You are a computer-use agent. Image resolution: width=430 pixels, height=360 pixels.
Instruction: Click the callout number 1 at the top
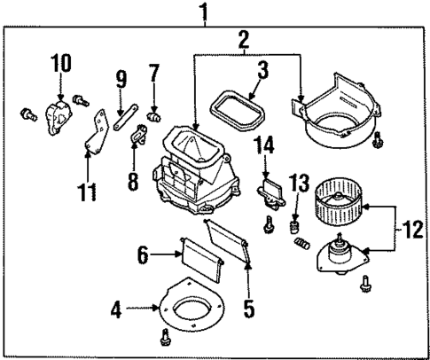pyautogui.click(x=205, y=12)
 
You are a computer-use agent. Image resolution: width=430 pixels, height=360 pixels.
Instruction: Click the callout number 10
pyautogui.click(x=59, y=66)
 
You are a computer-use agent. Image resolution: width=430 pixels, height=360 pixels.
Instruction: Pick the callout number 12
pyautogui.click(x=410, y=229)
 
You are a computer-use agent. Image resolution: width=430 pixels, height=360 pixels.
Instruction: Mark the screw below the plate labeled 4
pyautogui.click(x=165, y=337)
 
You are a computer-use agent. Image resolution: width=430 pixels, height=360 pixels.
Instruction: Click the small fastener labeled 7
pyautogui.click(x=154, y=113)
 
